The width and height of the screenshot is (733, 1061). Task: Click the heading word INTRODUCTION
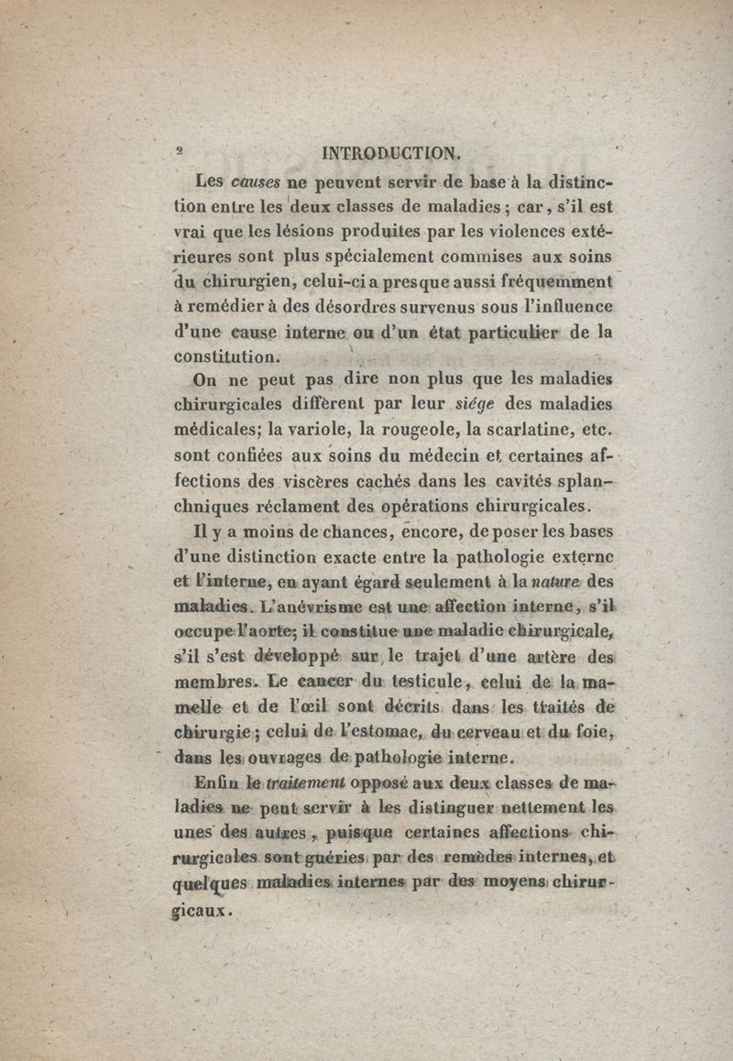pos(386,152)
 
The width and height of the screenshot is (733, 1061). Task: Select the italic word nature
pos(556,581)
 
